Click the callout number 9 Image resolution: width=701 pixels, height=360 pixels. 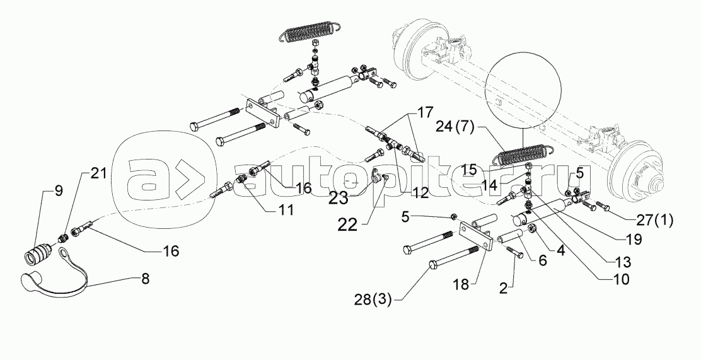59,191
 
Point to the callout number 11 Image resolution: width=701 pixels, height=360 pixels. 286,211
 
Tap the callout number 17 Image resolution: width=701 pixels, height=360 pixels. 424,114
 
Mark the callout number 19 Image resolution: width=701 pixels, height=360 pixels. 634,240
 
